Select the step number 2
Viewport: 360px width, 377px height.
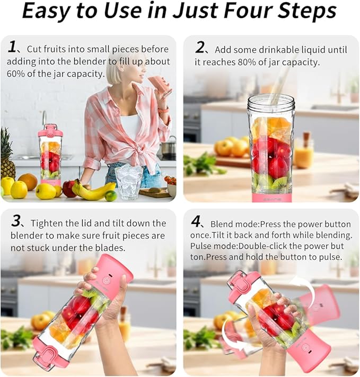[x=200, y=48]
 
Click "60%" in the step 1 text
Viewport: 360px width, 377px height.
[x=16, y=74]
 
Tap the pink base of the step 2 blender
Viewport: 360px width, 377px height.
[x=271, y=196]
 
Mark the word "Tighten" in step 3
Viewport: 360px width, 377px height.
[x=45, y=223]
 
